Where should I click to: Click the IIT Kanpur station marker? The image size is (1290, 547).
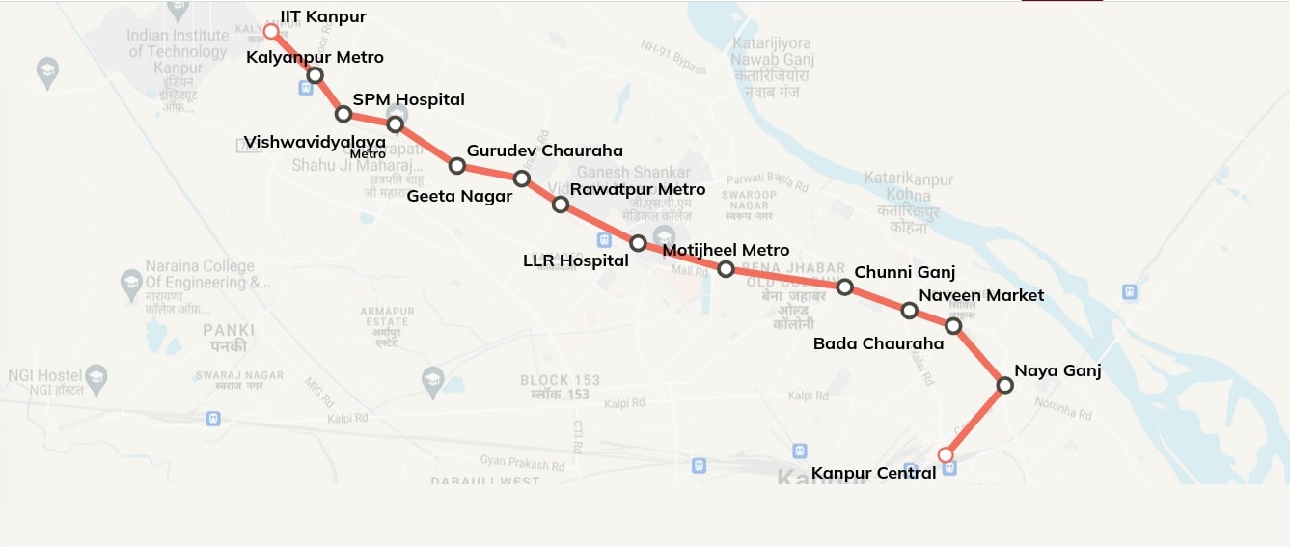click(x=271, y=32)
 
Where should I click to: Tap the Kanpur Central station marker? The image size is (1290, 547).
click(x=946, y=454)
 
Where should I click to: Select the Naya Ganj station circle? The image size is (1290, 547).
click(x=1004, y=386)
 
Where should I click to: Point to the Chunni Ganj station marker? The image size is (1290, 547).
click(x=844, y=287)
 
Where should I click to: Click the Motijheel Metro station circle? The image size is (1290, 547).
click(x=727, y=269)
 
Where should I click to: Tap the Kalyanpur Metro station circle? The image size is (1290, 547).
click(x=315, y=75)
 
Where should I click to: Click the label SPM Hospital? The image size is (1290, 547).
click(x=408, y=99)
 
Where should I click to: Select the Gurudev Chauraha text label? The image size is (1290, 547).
click(x=544, y=150)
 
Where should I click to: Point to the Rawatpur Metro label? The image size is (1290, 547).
click(x=637, y=189)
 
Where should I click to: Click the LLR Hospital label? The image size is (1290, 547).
click(x=575, y=260)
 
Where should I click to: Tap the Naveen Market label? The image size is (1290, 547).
click(x=980, y=295)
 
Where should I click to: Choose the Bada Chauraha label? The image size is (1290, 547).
click(x=878, y=343)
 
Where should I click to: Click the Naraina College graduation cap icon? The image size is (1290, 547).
click(x=131, y=283)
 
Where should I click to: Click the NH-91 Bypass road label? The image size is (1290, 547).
click(x=673, y=56)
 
